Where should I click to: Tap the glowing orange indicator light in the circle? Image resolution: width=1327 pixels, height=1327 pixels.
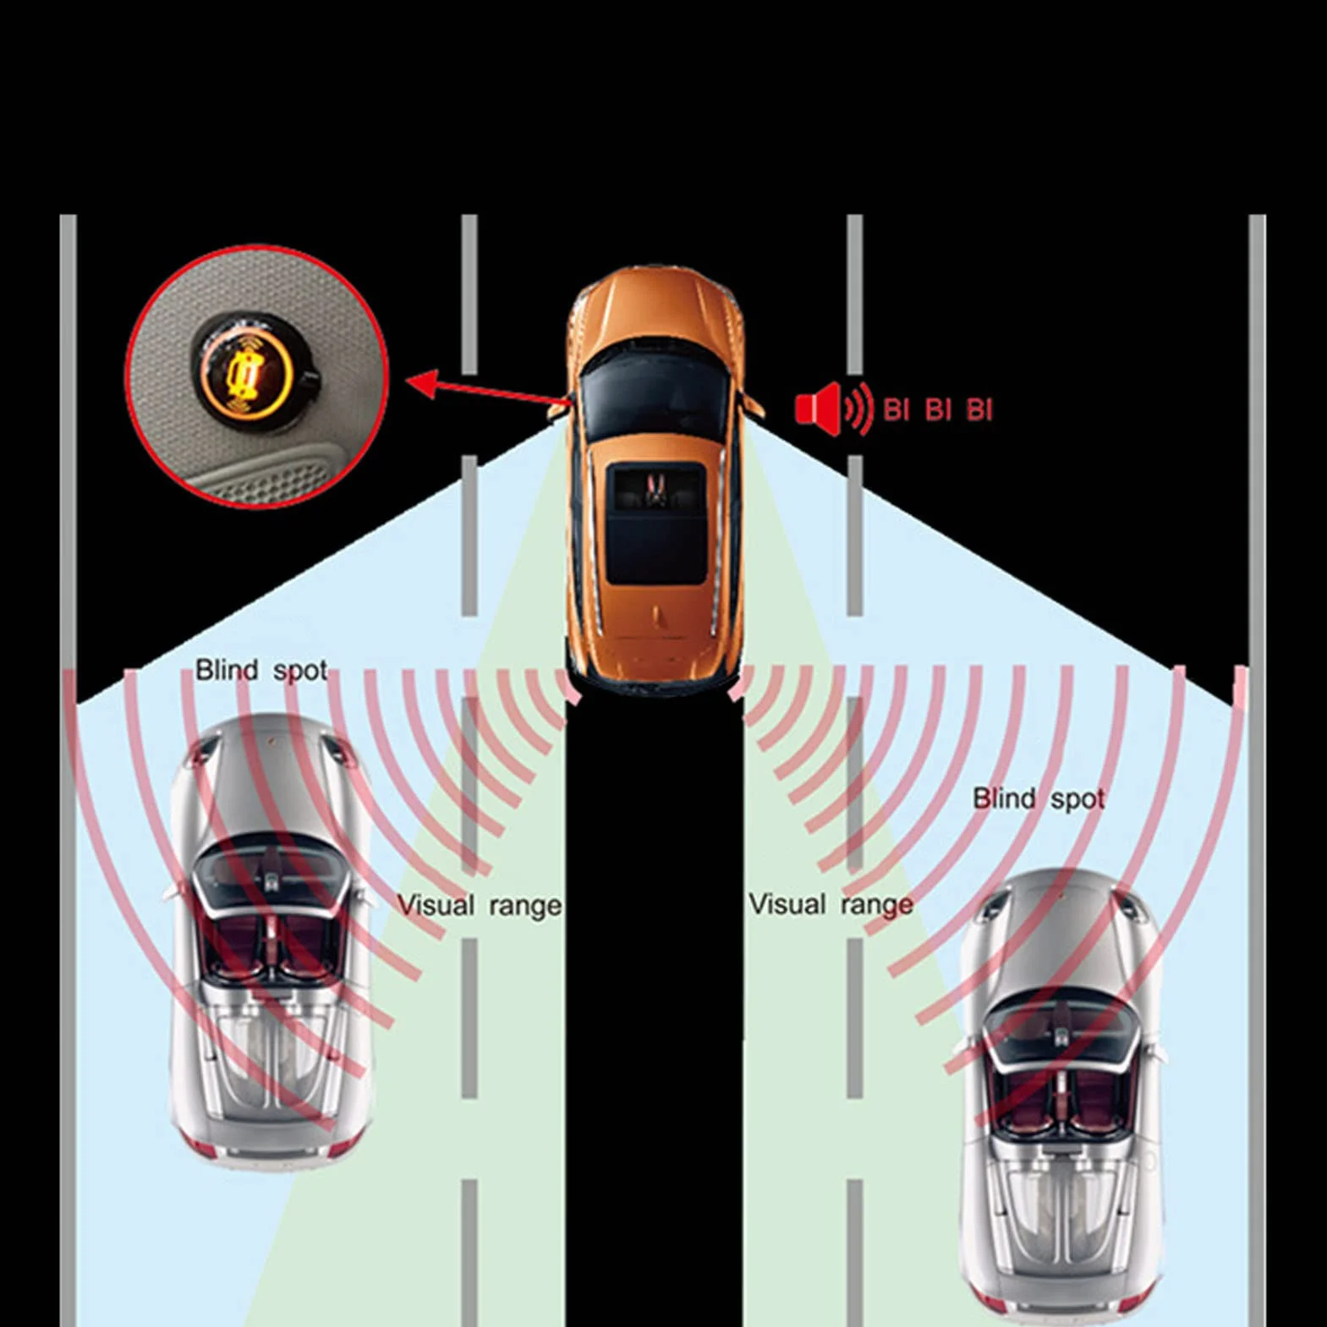[x=246, y=372]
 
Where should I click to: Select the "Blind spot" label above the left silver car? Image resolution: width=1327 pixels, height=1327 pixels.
[x=261, y=670]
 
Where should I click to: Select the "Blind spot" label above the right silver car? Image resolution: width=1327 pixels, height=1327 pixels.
[x=1039, y=798]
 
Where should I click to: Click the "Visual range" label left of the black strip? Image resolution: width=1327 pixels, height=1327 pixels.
[x=480, y=905]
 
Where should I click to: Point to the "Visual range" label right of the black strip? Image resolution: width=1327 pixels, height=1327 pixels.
[x=831, y=904]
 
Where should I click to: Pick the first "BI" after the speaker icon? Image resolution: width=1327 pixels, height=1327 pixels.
[x=896, y=410]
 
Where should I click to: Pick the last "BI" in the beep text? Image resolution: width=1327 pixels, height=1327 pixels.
[x=979, y=410]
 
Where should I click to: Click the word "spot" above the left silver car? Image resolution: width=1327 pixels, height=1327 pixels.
[x=301, y=671]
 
